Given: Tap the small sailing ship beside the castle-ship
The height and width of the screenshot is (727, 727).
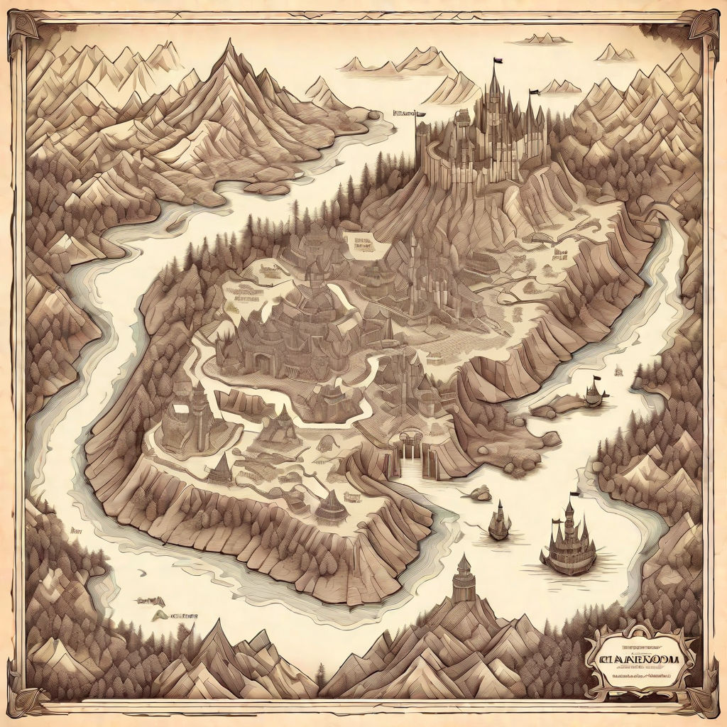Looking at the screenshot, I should [x=499, y=521].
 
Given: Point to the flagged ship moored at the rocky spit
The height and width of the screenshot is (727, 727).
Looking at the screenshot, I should [x=594, y=392].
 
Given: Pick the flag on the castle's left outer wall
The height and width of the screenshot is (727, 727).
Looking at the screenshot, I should [x=420, y=114].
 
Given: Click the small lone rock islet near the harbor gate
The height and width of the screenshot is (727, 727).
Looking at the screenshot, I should [x=481, y=493].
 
